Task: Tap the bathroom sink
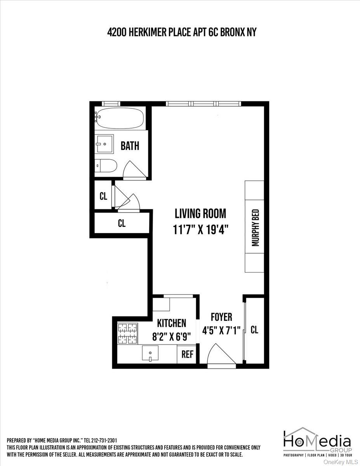[104, 144]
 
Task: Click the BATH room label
[130, 146]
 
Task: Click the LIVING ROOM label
[200, 213]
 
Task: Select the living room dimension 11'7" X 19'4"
[200, 230]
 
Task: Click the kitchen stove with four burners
[128, 333]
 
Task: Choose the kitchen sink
[150, 354]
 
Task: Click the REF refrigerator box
[188, 355]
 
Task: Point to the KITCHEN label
[171, 323]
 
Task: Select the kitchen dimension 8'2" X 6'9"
[171, 336]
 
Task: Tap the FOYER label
[221, 317]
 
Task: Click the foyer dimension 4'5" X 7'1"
[221, 330]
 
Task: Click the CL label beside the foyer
[254, 330]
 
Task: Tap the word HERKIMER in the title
[150, 33]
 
